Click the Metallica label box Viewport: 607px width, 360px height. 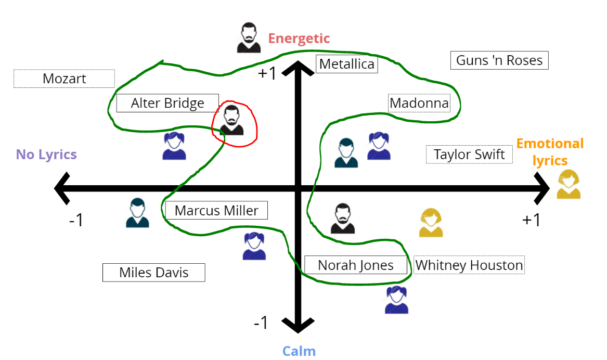coord(346,64)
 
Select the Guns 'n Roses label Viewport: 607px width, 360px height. coord(499,60)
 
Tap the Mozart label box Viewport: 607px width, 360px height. coord(64,79)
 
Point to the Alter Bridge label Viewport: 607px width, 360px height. coord(167,103)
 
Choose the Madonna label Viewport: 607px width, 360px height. coord(419,103)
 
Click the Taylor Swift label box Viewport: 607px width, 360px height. coord(469,155)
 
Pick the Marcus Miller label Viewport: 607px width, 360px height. coord(216,210)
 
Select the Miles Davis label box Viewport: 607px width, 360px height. coord(153,272)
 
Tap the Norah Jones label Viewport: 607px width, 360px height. coord(356,265)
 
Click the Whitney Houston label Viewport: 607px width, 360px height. coord(469,265)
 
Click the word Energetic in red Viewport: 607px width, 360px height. coord(299,38)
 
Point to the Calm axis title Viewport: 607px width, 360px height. coord(299,351)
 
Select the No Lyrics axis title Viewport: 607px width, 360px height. coord(46,155)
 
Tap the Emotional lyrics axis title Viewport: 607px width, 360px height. coord(550,151)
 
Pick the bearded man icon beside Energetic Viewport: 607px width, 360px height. coord(249,37)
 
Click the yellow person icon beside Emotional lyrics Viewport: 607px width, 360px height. coord(569,184)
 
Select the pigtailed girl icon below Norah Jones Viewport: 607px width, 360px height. coord(397,300)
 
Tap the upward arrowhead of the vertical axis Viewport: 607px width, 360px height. coord(298,67)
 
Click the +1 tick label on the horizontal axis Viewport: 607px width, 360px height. coord(532,220)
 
